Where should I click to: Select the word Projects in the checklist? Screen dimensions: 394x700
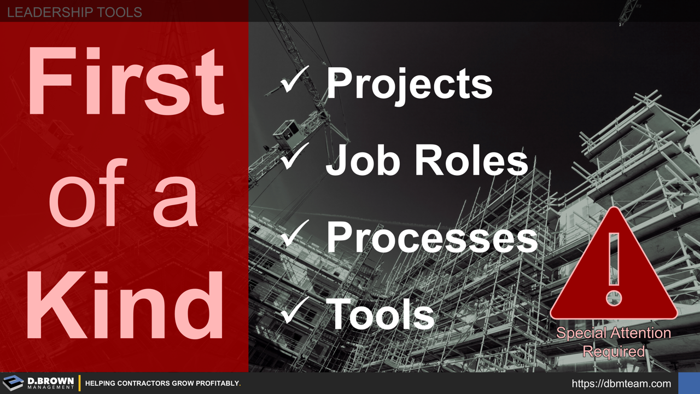pyautogui.click(x=409, y=83)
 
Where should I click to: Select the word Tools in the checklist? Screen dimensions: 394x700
pyautogui.click(x=381, y=314)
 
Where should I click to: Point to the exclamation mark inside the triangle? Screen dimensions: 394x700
pyautogui.click(x=614, y=268)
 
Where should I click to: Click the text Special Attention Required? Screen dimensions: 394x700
pyautogui.click(x=614, y=341)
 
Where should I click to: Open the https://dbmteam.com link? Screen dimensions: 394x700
pyautogui.click(x=621, y=384)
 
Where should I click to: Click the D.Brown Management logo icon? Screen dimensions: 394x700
pyautogui.click(x=13, y=383)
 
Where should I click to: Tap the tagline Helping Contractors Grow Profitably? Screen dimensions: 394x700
pyautogui.click(x=163, y=384)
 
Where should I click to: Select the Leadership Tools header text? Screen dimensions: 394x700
pyautogui.click(x=74, y=11)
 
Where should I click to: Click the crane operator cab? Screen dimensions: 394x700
pyautogui.click(x=286, y=132)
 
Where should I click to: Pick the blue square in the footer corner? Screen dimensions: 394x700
pyautogui.click(x=689, y=383)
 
